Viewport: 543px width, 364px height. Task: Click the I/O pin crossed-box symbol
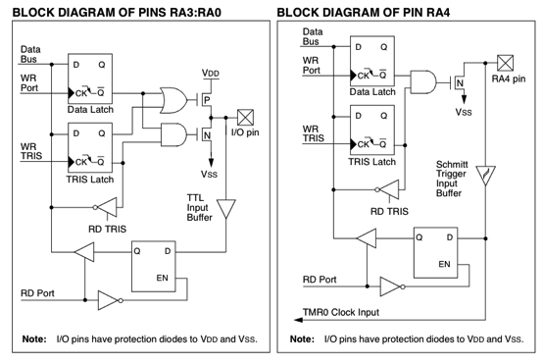tap(245, 118)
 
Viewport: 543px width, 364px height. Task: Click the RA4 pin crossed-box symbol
tap(505, 63)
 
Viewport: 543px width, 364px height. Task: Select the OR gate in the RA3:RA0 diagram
tap(173, 100)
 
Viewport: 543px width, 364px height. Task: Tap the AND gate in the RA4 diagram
tap(423, 82)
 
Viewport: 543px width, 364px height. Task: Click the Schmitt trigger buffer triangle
tap(485, 176)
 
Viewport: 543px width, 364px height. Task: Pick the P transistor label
tap(207, 100)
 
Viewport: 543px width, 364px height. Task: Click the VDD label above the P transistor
tap(211, 74)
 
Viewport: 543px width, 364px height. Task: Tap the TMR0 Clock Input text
tap(341, 312)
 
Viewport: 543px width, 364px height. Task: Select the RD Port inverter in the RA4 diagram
tap(393, 286)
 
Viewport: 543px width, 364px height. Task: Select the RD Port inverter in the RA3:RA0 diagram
tap(111, 300)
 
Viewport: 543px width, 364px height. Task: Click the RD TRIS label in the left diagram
tap(108, 230)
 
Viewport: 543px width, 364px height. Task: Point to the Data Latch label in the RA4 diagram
tap(372, 92)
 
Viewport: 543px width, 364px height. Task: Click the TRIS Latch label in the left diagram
tap(90, 180)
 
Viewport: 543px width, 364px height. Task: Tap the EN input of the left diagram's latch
tap(162, 278)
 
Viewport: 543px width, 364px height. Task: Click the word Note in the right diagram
tap(302, 339)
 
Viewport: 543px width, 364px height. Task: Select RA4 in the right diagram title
tap(438, 13)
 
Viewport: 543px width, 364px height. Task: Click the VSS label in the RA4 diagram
tap(464, 112)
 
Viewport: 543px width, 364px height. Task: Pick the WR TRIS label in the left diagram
tap(31, 151)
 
